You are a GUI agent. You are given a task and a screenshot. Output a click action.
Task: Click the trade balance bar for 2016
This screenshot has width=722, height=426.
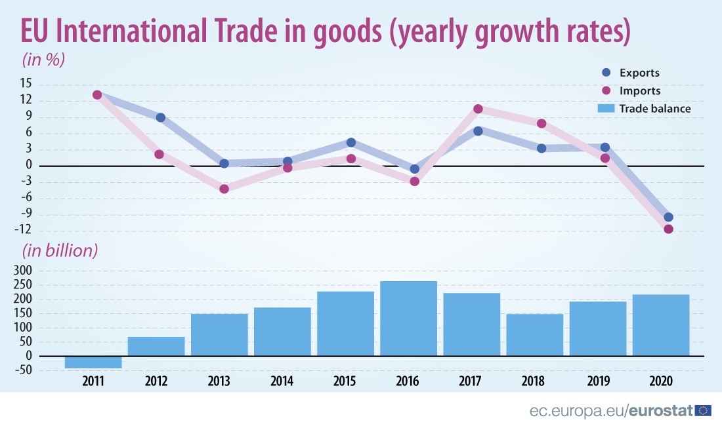(x=408, y=319)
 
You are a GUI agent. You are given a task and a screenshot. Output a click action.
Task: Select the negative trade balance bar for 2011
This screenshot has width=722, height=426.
(x=93, y=362)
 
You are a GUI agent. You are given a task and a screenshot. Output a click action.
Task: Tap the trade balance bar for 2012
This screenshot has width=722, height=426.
(x=156, y=347)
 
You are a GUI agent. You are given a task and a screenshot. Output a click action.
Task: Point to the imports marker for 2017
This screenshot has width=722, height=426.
(x=478, y=109)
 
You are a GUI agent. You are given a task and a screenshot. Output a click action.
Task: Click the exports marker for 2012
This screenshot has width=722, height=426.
(x=160, y=118)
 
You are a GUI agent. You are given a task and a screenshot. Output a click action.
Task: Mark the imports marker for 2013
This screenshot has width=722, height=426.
(x=224, y=189)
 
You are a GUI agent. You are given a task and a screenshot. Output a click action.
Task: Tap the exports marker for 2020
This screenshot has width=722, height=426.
(x=668, y=217)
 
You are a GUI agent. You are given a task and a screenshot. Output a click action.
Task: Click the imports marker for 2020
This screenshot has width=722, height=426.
(x=668, y=229)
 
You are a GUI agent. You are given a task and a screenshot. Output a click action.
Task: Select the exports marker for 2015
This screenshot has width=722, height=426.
(x=351, y=142)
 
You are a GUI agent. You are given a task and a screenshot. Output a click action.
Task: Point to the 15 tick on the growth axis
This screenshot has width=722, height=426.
(x=26, y=84)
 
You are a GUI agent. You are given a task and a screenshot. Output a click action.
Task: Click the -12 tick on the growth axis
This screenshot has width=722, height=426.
(x=24, y=230)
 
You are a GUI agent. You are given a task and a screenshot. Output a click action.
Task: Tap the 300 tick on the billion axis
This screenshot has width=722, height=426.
(x=32, y=271)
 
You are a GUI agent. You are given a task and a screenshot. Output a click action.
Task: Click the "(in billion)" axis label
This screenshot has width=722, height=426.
(x=60, y=250)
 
